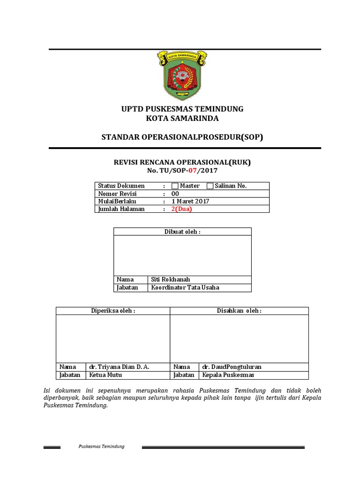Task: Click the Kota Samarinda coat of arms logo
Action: [182, 75]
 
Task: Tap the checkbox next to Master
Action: [175, 186]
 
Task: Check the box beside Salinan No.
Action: [210, 186]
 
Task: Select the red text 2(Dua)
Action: [182, 209]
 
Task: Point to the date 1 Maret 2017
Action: [190, 202]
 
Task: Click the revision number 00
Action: [175, 194]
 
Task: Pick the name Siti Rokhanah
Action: [170, 279]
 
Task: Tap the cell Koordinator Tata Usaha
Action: [185, 287]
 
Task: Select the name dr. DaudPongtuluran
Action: [232, 367]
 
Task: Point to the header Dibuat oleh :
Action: [182, 232]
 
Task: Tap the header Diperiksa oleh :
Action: [112, 311]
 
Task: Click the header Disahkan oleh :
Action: [239, 311]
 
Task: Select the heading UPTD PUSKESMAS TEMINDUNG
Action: [182, 109]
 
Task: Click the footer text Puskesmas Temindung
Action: [101, 446]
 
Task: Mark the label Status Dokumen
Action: [121, 186]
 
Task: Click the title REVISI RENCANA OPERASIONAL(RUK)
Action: [182, 162]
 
